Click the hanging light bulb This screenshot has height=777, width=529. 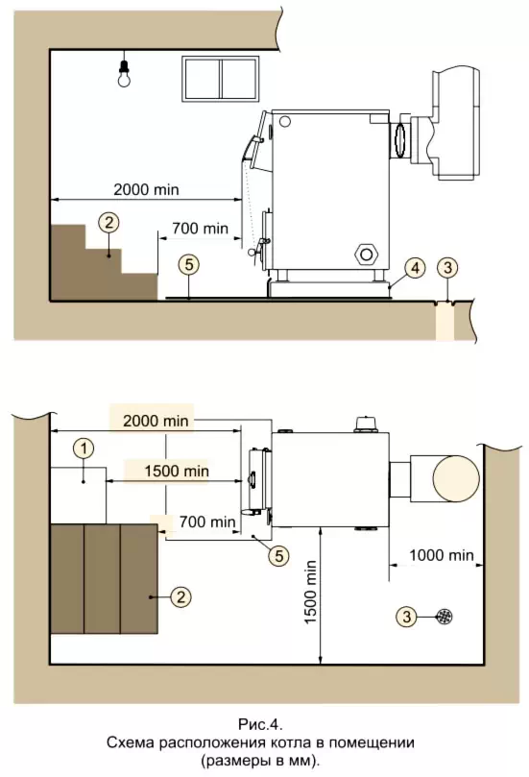pyautogui.click(x=124, y=74)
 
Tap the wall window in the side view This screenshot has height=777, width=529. pyautogui.click(x=221, y=80)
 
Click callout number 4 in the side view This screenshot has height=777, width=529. pyautogui.click(x=415, y=268)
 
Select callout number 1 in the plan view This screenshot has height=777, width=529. pyautogui.click(x=84, y=449)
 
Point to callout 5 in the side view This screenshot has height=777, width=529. pyautogui.click(x=189, y=265)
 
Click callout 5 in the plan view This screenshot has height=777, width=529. pyautogui.click(x=278, y=555)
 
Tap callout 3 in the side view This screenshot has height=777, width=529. pyautogui.click(x=447, y=268)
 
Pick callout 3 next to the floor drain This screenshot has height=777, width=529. pyautogui.click(x=407, y=617)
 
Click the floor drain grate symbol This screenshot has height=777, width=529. pyautogui.click(x=444, y=617)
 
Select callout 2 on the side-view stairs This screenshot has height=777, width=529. pyautogui.click(x=109, y=222)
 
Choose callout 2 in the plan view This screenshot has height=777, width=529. pyautogui.click(x=180, y=596)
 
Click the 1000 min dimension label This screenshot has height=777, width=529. pyautogui.click(x=442, y=555)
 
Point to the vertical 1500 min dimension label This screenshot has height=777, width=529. pyautogui.click(x=310, y=592)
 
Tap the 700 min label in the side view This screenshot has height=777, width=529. pyautogui.click(x=200, y=229)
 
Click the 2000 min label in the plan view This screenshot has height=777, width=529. pyautogui.click(x=156, y=421)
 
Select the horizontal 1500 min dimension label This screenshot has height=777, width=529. pyautogui.click(x=177, y=471)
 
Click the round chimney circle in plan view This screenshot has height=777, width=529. pyautogui.click(x=456, y=478)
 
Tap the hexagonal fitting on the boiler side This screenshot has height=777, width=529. pyautogui.click(x=366, y=255)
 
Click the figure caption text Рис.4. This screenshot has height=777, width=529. pyautogui.click(x=260, y=725)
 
